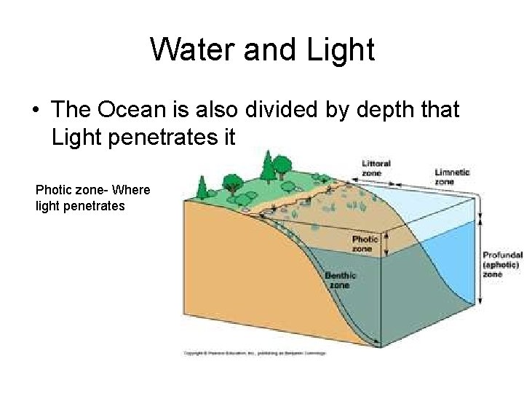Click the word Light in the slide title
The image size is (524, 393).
pos(341,49)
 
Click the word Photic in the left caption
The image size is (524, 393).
pos(54,190)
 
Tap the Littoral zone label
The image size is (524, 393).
pos(376,168)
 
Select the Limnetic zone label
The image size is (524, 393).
pos(452,177)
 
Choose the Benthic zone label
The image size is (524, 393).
pos(340,280)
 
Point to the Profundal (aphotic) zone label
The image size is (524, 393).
pos(502,264)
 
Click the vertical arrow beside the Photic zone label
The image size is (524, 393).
pos(386,240)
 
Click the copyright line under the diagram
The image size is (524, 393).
pos(255,353)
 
